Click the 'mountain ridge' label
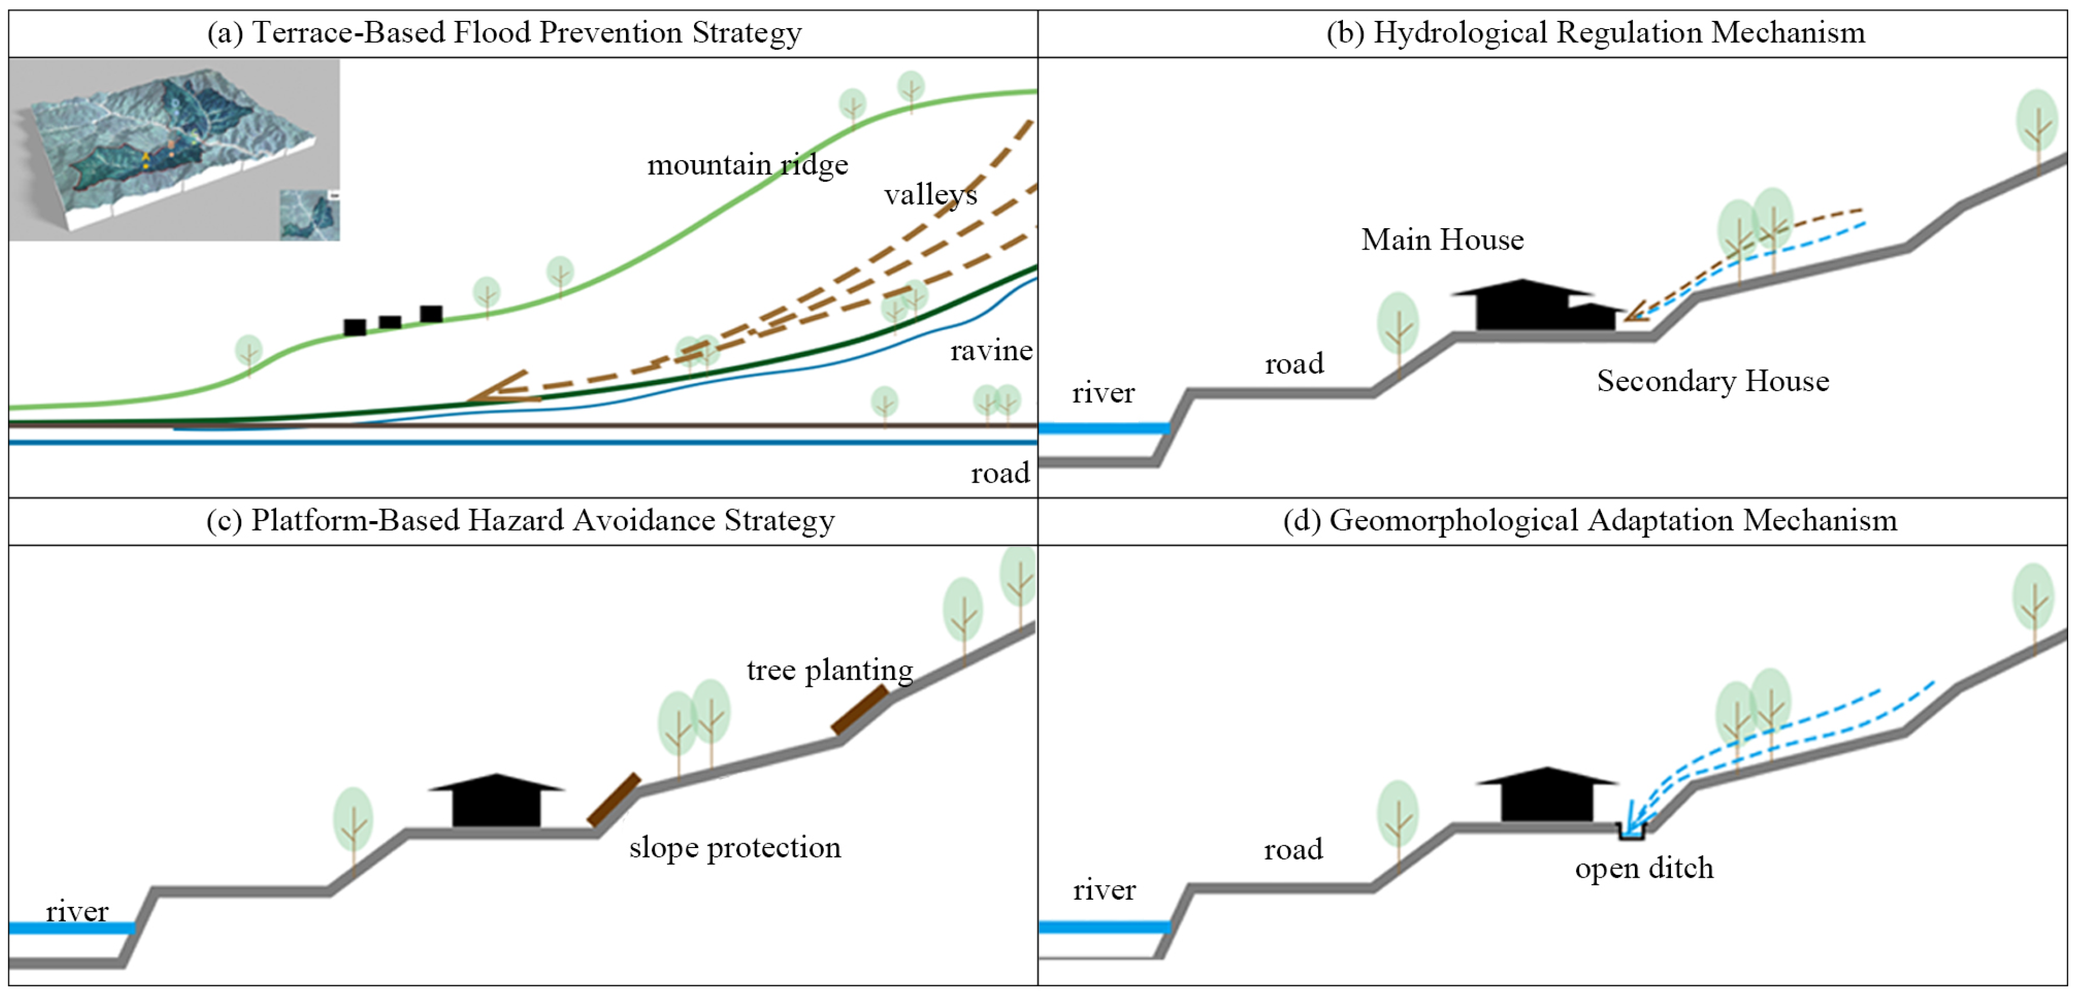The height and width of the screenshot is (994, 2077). click(747, 165)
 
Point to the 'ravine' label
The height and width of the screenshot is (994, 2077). click(991, 351)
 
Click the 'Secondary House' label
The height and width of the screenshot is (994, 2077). click(1713, 381)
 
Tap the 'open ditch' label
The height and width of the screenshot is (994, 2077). click(1644, 868)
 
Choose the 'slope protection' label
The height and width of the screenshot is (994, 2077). click(735, 848)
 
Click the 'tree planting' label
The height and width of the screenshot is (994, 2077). click(829, 670)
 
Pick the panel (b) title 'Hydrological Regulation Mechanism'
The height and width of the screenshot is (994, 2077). click(1596, 32)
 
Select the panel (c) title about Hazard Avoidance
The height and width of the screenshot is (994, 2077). click(521, 520)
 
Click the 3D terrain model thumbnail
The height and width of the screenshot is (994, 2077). click(174, 150)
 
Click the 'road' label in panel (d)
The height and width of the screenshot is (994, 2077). click(1293, 850)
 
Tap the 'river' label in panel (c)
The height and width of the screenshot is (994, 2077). click(77, 912)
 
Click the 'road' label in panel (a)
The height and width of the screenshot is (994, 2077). click(1000, 473)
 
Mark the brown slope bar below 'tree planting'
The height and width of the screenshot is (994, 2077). click(860, 709)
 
